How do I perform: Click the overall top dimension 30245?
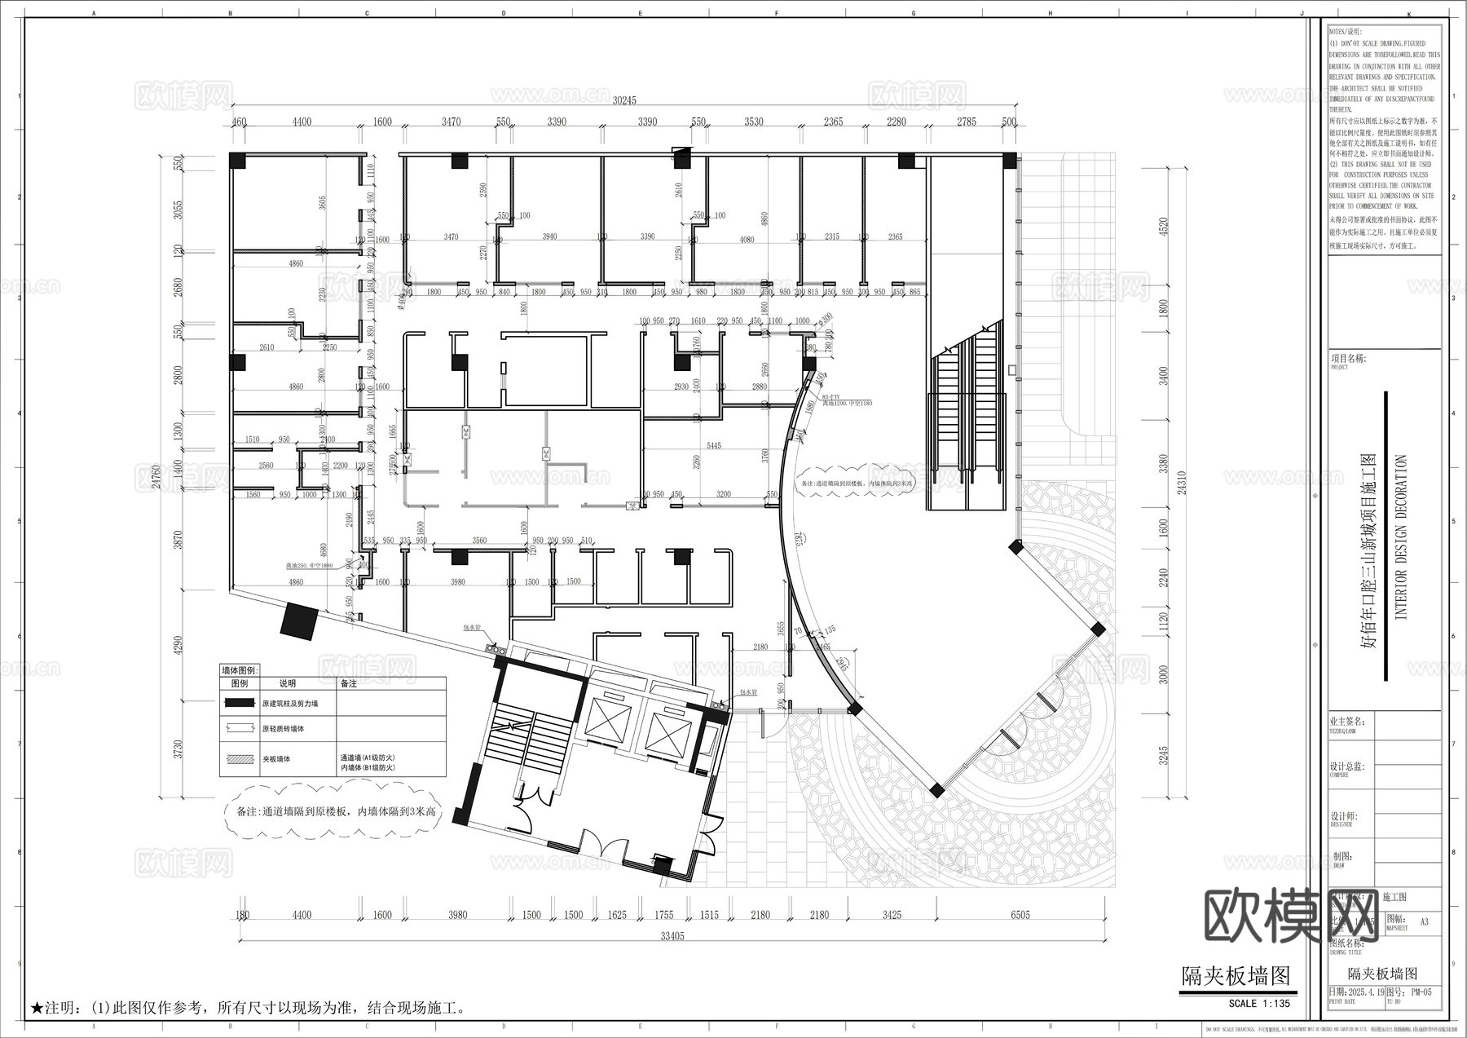(x=623, y=100)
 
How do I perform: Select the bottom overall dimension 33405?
(x=672, y=936)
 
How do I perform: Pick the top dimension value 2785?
(x=966, y=122)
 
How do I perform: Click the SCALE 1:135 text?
(x=1259, y=1004)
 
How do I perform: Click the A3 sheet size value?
(x=1424, y=922)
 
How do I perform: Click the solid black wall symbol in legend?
(x=240, y=703)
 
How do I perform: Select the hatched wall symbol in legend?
(x=240, y=758)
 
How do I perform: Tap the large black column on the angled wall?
(x=299, y=621)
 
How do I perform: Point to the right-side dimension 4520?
(x=1164, y=227)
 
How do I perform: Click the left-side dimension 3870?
(x=178, y=540)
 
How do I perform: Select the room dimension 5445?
(x=713, y=445)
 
